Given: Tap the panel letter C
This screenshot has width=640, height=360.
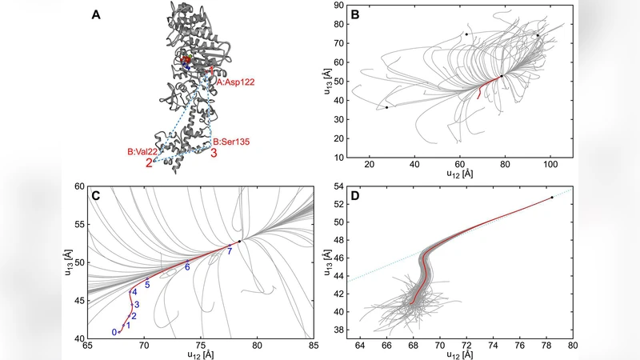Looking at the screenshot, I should pyautogui.click(x=96, y=194).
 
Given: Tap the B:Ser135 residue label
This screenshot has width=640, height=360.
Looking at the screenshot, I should pyautogui.click(x=231, y=142).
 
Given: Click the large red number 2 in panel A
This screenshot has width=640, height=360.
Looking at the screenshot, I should pyautogui.click(x=149, y=164).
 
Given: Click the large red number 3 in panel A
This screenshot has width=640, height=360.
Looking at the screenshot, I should pyautogui.click(x=214, y=154).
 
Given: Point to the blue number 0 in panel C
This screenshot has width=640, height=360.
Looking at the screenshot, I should pyautogui.click(x=114, y=332).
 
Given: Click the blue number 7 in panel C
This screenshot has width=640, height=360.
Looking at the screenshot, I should pyautogui.click(x=230, y=252).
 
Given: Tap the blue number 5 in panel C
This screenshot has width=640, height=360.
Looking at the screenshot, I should pyautogui.click(x=147, y=286).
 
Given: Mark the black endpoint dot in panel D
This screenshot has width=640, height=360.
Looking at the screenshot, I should pyautogui.click(x=552, y=198).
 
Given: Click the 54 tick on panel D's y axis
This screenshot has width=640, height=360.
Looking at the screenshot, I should pyautogui.click(x=340, y=186).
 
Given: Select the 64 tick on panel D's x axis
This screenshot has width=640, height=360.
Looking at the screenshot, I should pyautogui.click(x=360, y=346).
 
